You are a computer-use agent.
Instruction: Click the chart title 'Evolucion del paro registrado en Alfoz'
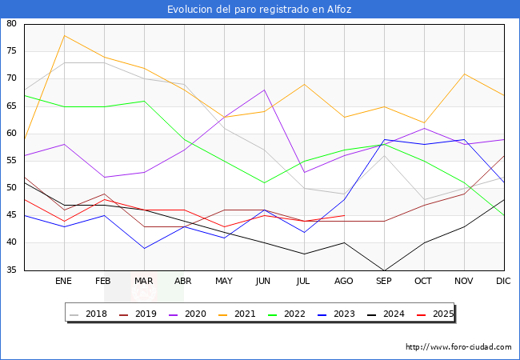coord(259,10)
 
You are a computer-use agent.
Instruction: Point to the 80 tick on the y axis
coord(11,24)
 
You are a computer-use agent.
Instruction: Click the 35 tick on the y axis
coord(11,270)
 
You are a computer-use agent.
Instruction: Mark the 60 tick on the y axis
coord(11,134)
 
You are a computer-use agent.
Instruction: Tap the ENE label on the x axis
coord(64,282)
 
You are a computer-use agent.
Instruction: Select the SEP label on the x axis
coord(384,282)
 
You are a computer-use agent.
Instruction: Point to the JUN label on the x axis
coord(264,282)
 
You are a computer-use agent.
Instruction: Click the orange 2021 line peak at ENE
coord(64,35)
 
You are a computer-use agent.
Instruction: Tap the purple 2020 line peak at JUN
coord(264,90)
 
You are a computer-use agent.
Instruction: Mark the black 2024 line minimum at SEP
coord(384,270)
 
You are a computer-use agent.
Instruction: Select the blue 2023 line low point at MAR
coord(144,248)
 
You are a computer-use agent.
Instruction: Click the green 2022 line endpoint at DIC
coord(504,215)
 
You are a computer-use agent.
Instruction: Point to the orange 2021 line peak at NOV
coord(464,74)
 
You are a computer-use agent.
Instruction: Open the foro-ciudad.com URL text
coord(458,347)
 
